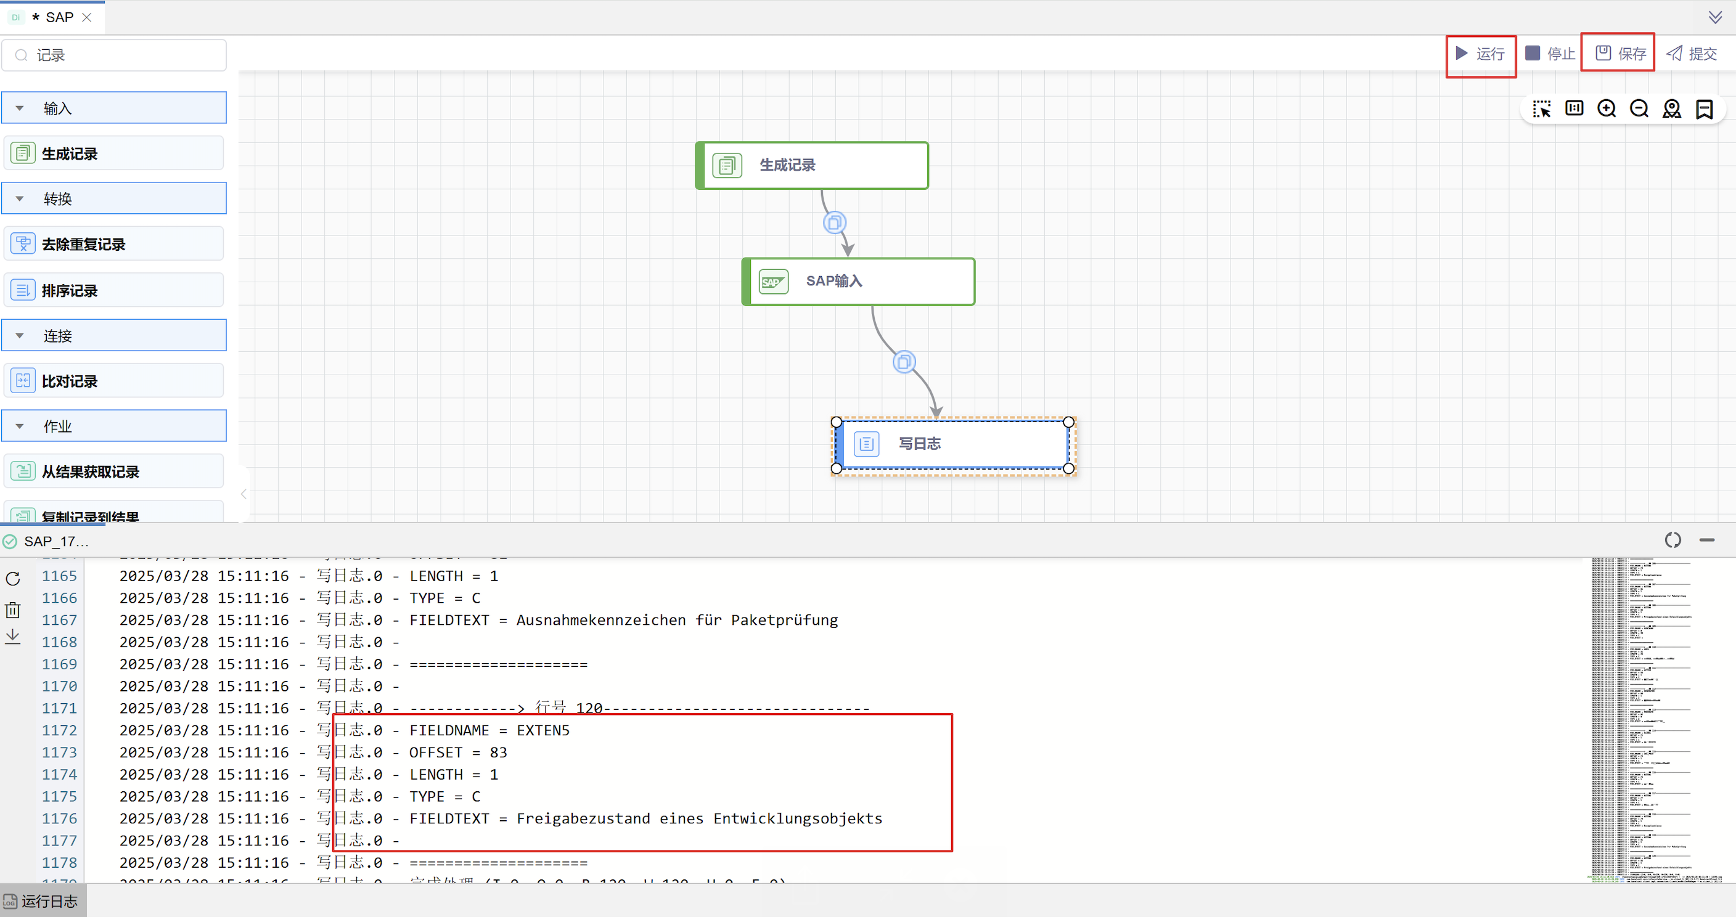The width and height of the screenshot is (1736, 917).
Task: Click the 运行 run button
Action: (1481, 54)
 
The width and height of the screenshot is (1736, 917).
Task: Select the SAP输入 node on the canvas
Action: (858, 282)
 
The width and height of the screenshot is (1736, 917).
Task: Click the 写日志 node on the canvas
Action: (952, 444)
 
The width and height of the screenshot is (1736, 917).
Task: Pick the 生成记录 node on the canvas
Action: (812, 165)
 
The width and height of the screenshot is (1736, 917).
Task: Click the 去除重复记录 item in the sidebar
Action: (114, 244)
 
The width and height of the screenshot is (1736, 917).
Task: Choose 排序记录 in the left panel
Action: (114, 290)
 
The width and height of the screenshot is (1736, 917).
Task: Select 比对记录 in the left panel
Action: (114, 381)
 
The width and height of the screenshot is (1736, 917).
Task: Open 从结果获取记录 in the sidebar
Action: (114, 471)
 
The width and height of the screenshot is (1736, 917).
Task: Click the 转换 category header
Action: (114, 199)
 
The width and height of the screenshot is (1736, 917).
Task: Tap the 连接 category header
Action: (114, 335)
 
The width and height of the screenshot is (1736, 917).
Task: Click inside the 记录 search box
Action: (125, 55)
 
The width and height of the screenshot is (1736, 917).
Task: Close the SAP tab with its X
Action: (87, 17)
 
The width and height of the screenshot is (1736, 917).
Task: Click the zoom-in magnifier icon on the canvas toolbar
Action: (1607, 109)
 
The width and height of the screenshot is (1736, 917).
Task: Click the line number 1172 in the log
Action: (59, 730)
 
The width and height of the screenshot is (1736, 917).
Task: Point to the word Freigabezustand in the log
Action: (583, 818)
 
